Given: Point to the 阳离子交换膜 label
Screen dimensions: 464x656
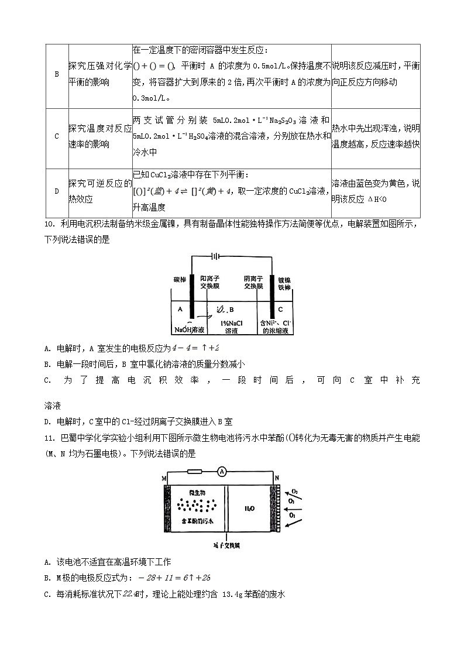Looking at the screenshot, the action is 209,283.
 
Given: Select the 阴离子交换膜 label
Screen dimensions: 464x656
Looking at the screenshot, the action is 253,283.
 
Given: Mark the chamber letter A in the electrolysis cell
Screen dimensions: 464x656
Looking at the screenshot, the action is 180,309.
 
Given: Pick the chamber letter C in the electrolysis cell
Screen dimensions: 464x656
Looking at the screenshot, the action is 281,309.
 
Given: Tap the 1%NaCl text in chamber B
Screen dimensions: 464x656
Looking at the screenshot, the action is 232,323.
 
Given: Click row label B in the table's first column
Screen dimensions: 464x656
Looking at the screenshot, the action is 57,74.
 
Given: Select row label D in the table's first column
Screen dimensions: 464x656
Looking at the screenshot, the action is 57,191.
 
